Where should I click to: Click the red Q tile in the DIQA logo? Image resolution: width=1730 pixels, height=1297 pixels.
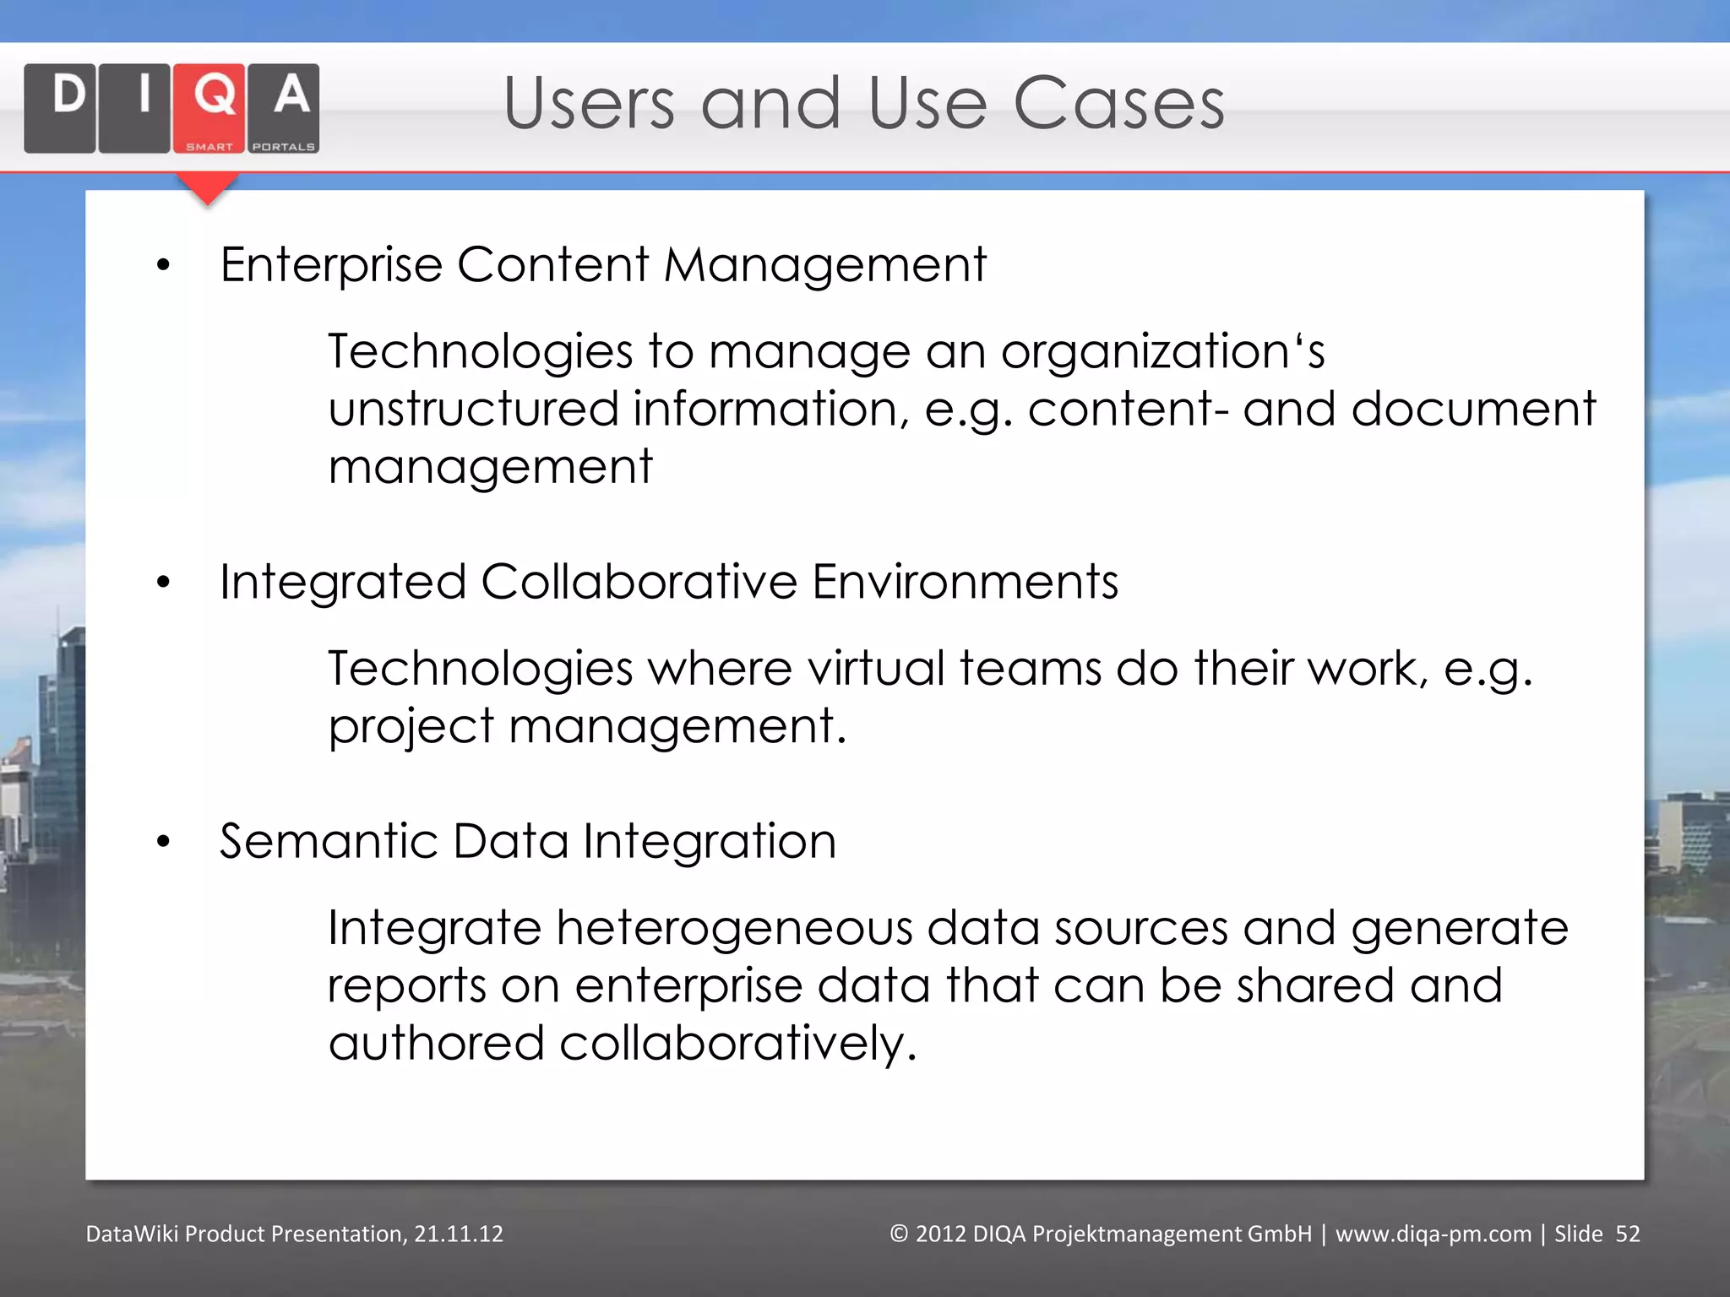[209, 107]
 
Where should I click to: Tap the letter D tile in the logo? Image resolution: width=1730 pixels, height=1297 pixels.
[60, 107]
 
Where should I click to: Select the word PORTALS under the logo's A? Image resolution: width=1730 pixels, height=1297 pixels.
[284, 147]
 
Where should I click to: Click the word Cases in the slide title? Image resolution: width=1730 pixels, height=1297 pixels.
[1118, 104]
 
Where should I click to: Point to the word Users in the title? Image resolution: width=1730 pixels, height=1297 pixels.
[589, 104]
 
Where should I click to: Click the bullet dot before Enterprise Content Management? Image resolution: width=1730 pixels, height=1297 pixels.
[164, 267]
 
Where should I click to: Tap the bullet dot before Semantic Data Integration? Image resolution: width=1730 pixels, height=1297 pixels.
[164, 842]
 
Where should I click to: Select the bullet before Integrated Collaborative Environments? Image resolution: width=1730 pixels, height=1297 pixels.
[164, 583]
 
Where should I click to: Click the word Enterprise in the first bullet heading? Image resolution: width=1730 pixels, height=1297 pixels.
[331, 265]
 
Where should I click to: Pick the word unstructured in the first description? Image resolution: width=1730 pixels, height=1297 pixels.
[473, 410]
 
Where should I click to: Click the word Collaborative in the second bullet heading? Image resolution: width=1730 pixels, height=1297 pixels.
[639, 582]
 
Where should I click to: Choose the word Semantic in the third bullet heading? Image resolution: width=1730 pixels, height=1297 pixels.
[329, 841]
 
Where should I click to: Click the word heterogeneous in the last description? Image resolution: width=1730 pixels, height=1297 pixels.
[734, 928]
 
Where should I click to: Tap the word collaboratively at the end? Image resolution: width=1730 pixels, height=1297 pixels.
[737, 1044]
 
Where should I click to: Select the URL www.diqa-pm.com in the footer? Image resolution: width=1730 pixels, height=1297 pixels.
[1433, 1235]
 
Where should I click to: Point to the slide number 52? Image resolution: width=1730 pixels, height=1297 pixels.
[1627, 1235]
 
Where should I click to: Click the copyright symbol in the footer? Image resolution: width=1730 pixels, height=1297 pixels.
[899, 1235]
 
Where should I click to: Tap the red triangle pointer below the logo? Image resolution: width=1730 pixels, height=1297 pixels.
[208, 188]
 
